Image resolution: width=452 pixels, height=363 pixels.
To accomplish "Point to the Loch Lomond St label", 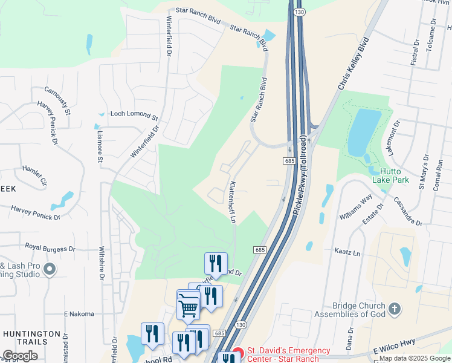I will (x=134, y=114).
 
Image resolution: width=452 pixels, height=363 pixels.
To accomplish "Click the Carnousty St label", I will (x=57, y=100).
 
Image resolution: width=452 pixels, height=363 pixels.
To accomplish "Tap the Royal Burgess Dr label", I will (x=50, y=247).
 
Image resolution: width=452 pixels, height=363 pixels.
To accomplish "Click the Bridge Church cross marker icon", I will (x=394, y=310).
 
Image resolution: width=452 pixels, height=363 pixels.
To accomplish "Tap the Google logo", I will (x=20, y=356).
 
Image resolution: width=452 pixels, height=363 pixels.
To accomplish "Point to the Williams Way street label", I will (x=356, y=206).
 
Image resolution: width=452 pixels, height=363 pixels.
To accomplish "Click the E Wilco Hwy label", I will (x=395, y=347).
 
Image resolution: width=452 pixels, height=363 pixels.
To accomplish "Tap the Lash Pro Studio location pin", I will (x=50, y=269).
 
